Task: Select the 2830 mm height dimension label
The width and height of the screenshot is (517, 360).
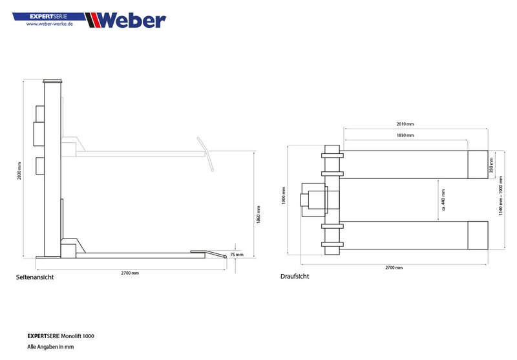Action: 19,171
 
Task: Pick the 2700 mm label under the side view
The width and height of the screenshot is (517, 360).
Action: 131,273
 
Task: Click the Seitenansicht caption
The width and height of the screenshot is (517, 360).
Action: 34,277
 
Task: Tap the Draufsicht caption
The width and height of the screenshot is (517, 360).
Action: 294,276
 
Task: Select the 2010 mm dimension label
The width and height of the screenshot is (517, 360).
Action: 406,123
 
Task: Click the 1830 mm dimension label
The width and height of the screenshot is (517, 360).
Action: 405,136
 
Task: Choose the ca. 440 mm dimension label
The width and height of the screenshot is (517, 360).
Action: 443,200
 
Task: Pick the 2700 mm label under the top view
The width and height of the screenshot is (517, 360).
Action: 394,267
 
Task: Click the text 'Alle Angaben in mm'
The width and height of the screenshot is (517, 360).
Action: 50,346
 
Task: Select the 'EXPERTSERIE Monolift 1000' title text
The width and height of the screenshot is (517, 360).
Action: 65,336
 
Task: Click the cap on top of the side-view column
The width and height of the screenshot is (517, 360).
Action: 53,81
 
